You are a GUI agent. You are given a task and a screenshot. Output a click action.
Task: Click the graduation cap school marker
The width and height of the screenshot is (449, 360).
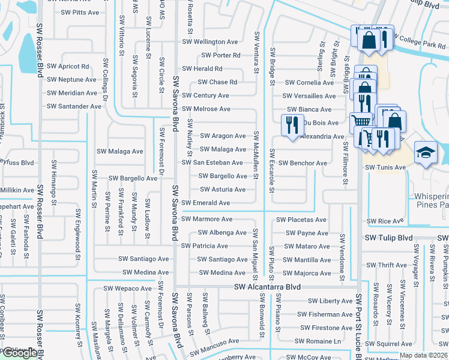(x=426, y=152)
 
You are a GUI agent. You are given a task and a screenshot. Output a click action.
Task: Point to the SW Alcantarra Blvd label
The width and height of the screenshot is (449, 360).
(x=267, y=287)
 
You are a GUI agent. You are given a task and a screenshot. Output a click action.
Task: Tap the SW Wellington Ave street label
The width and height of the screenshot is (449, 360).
(x=209, y=42)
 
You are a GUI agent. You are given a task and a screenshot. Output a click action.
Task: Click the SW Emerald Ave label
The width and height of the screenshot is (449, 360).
(x=205, y=203)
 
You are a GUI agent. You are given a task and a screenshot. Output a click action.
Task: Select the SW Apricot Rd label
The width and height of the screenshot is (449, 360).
(x=68, y=66)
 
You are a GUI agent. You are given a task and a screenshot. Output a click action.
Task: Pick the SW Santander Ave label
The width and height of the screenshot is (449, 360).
(x=74, y=106)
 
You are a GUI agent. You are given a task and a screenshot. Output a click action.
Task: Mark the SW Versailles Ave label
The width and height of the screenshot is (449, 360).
(x=309, y=96)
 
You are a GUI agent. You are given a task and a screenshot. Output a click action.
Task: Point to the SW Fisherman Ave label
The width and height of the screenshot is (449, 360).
(x=326, y=314)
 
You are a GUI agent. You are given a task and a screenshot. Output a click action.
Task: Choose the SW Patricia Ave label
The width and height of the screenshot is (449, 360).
(x=204, y=246)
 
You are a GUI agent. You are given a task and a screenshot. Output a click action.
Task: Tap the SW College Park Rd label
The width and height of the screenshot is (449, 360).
(x=420, y=45)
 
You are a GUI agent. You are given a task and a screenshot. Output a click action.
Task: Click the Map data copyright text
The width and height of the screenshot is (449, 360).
(x=423, y=355)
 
